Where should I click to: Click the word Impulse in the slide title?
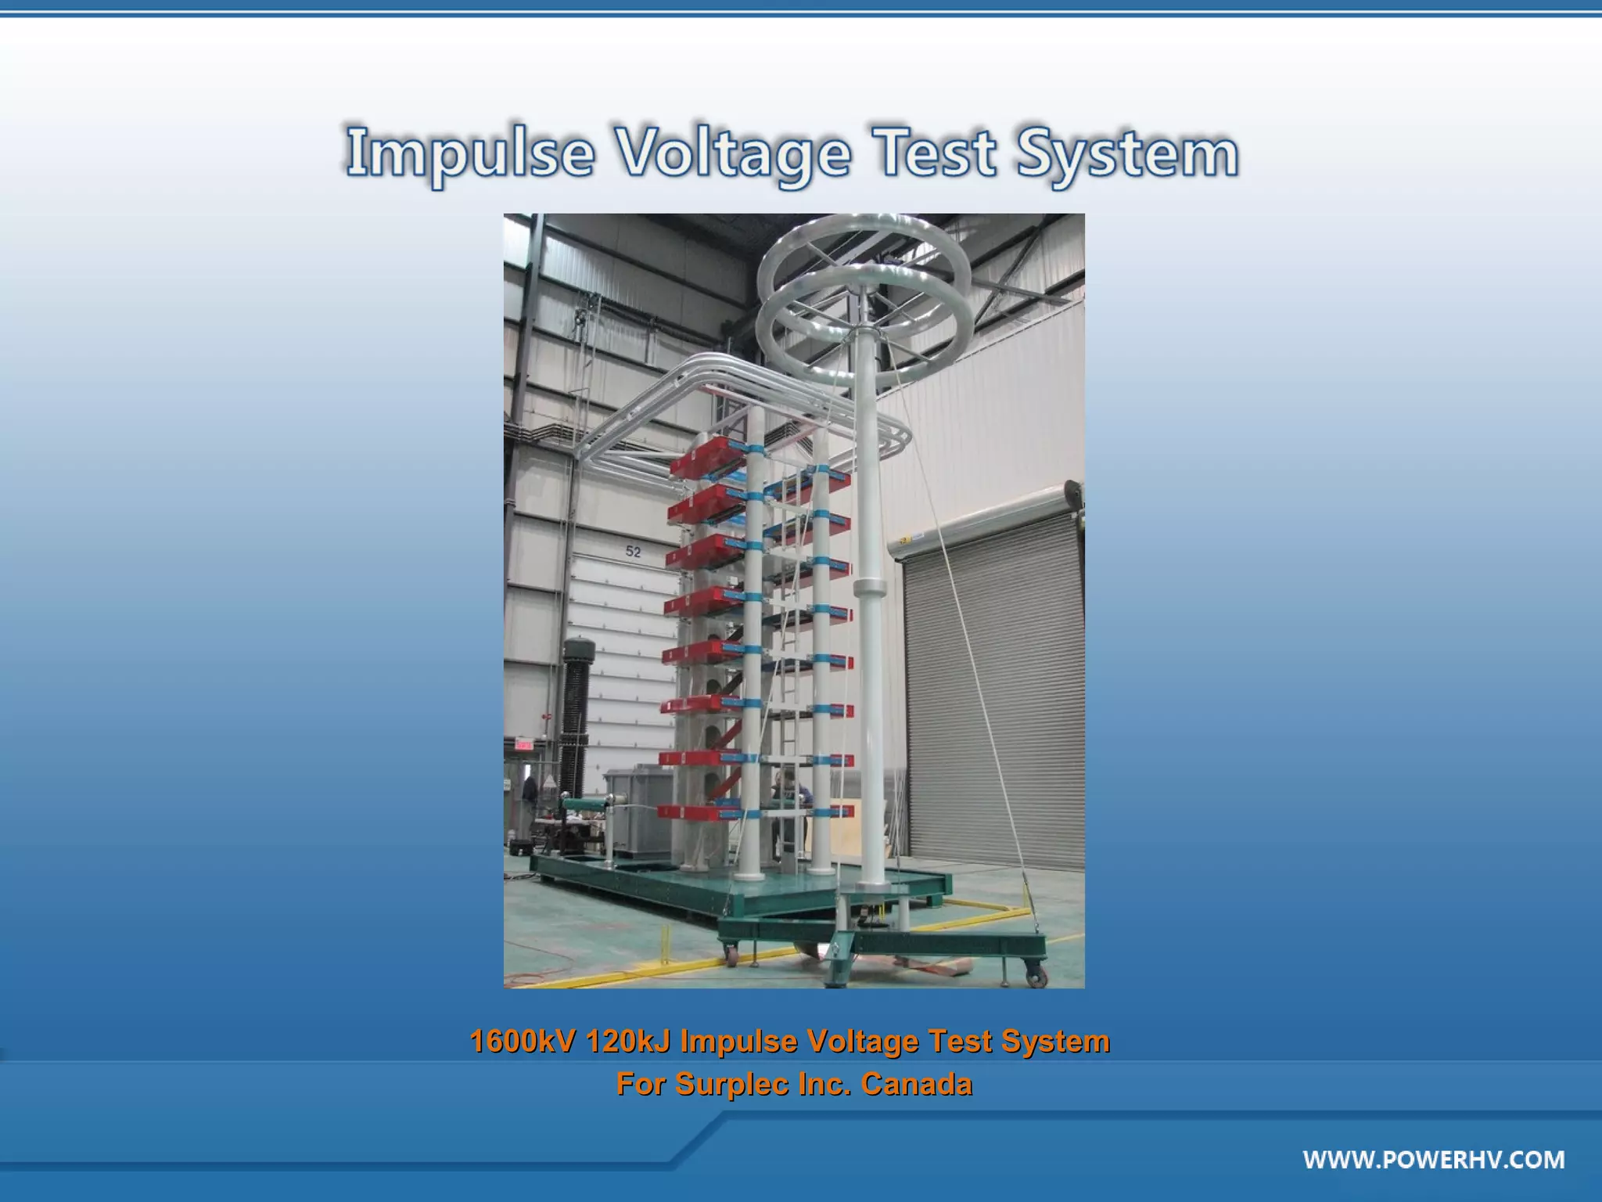469,153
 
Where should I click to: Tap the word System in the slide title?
1126,153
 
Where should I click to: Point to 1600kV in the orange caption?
522,1042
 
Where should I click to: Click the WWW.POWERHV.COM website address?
1433,1159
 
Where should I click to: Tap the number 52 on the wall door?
633,552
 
